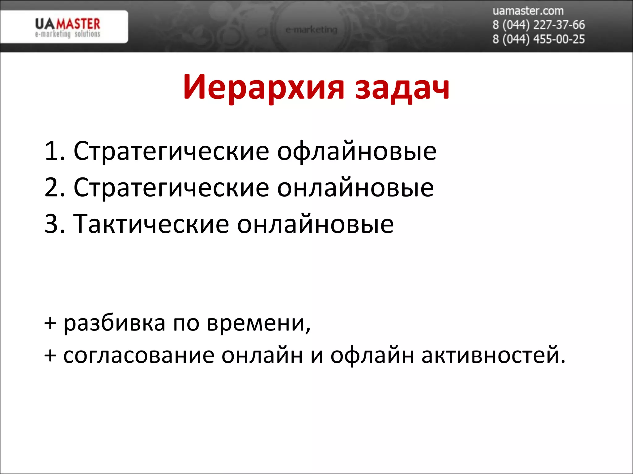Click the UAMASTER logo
coord(67,27)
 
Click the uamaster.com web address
coord(528,11)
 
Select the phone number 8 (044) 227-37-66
coord(538,25)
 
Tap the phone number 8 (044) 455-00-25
coord(538,39)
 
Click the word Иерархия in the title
coord(263,88)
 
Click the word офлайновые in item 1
coord(356,152)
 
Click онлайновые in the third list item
coord(315,224)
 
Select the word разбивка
coord(114,324)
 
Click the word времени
coord(258,324)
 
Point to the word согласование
coord(139,355)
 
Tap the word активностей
coord(493,355)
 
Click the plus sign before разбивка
coord(50,324)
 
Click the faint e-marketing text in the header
coord(311,30)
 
